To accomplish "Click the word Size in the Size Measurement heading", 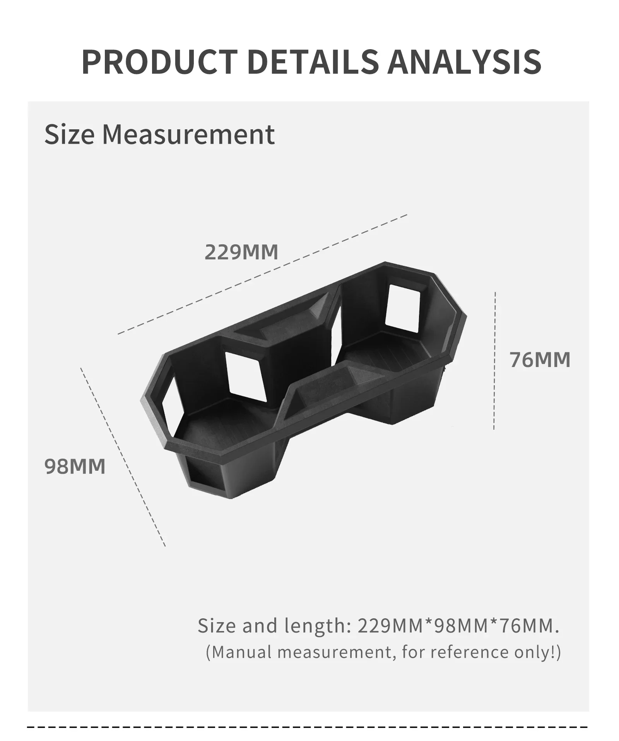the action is point(69,134).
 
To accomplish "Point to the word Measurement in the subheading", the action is point(188,135).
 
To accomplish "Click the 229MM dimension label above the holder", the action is point(241,252).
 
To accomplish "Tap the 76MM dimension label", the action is point(540,360).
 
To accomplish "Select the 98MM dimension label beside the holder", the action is point(75,466).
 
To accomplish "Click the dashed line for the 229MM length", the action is point(262,274).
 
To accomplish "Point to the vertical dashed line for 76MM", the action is point(495,361).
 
